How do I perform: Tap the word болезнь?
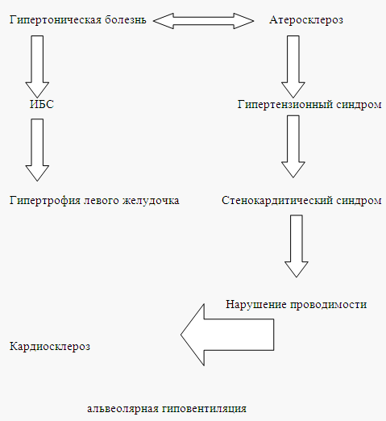(126, 19)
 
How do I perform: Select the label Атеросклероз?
(306, 20)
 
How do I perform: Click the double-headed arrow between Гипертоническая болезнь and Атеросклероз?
(203, 21)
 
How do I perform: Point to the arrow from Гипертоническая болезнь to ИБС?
(37, 66)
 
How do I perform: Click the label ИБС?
(42, 104)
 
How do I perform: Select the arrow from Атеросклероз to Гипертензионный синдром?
(293, 66)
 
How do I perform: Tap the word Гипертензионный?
(285, 104)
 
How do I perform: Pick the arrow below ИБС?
(37, 150)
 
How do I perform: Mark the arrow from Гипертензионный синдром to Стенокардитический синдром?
(293, 147)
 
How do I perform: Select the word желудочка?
(151, 201)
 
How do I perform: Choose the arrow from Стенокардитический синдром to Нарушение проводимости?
(297, 246)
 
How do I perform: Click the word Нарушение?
(256, 304)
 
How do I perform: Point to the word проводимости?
(328, 305)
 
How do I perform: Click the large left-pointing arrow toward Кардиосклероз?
(227, 335)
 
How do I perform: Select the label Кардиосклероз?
(50, 346)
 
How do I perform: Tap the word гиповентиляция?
(204, 409)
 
